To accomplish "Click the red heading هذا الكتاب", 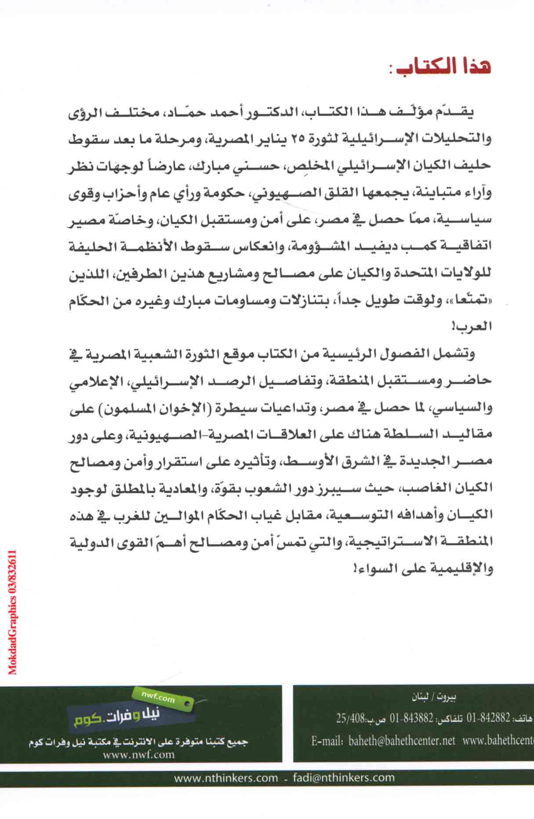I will (444, 68).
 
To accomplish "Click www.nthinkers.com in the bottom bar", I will (226, 778).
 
